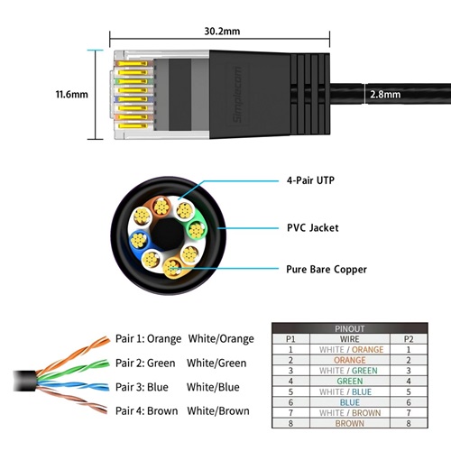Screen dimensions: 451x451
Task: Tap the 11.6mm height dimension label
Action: point(69,94)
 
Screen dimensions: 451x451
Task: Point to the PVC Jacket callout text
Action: point(312,228)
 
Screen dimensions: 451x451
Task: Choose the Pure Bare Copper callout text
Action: point(326,269)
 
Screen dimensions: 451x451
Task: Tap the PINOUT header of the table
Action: point(351,329)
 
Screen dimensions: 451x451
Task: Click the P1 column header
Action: point(290,339)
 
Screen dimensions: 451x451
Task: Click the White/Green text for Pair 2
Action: point(217,364)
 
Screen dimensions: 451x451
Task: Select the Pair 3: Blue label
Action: point(143,387)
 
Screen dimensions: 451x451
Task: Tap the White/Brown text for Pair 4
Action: point(218,410)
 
